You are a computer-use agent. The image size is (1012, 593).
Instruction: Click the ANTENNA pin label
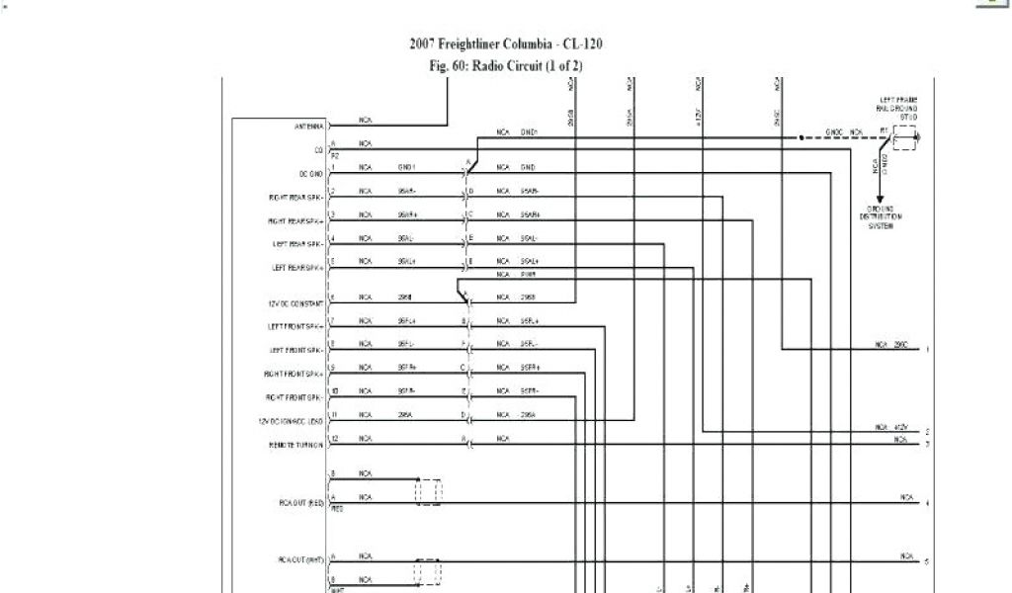coord(308,127)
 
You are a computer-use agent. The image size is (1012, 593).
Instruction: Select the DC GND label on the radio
coord(311,173)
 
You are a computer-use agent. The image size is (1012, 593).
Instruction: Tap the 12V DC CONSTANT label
coord(295,302)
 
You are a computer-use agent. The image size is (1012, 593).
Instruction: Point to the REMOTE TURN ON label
coord(296,445)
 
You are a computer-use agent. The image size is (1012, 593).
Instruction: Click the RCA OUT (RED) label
coord(301,503)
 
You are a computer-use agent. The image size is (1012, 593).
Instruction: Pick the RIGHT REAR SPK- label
coord(295,197)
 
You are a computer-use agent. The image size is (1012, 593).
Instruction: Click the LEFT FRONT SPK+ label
coord(295,326)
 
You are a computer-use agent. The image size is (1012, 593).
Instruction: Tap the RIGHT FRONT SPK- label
coord(295,397)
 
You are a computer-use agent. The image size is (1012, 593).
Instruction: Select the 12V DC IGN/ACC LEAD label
coord(291,421)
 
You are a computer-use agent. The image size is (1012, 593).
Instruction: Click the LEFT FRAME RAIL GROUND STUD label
coord(898,108)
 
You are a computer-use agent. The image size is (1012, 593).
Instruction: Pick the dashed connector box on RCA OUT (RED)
coord(429,491)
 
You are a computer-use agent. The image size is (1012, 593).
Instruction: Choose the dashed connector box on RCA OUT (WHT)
coord(429,572)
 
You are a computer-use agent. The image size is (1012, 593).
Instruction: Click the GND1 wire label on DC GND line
coord(407,167)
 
